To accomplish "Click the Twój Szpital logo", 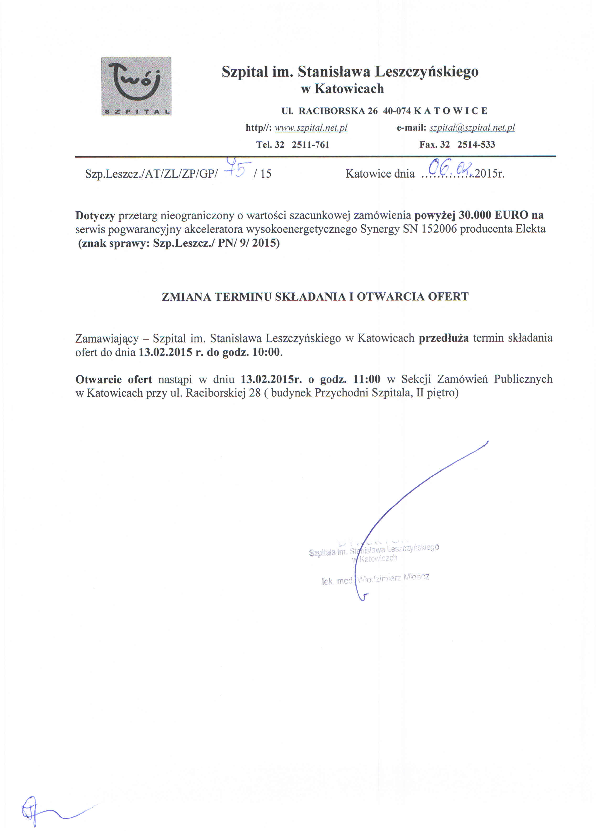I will click(x=136, y=86).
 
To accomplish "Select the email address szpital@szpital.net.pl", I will click(x=472, y=128).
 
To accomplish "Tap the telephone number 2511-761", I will click(x=310, y=145).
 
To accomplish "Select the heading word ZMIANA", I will click(x=186, y=297).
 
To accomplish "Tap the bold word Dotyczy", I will click(x=95, y=216).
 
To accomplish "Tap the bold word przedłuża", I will click(x=443, y=338).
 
